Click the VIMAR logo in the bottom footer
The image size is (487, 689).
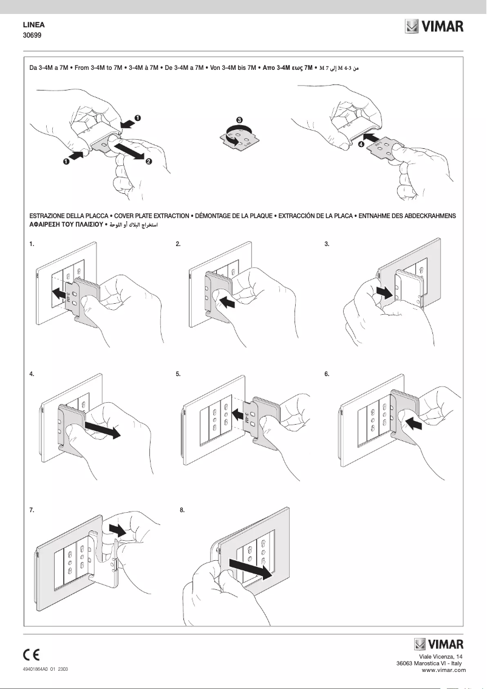click(438, 645)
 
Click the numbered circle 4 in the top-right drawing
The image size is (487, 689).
click(361, 145)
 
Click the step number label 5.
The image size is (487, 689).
click(178, 374)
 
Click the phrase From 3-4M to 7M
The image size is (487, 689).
click(98, 68)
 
